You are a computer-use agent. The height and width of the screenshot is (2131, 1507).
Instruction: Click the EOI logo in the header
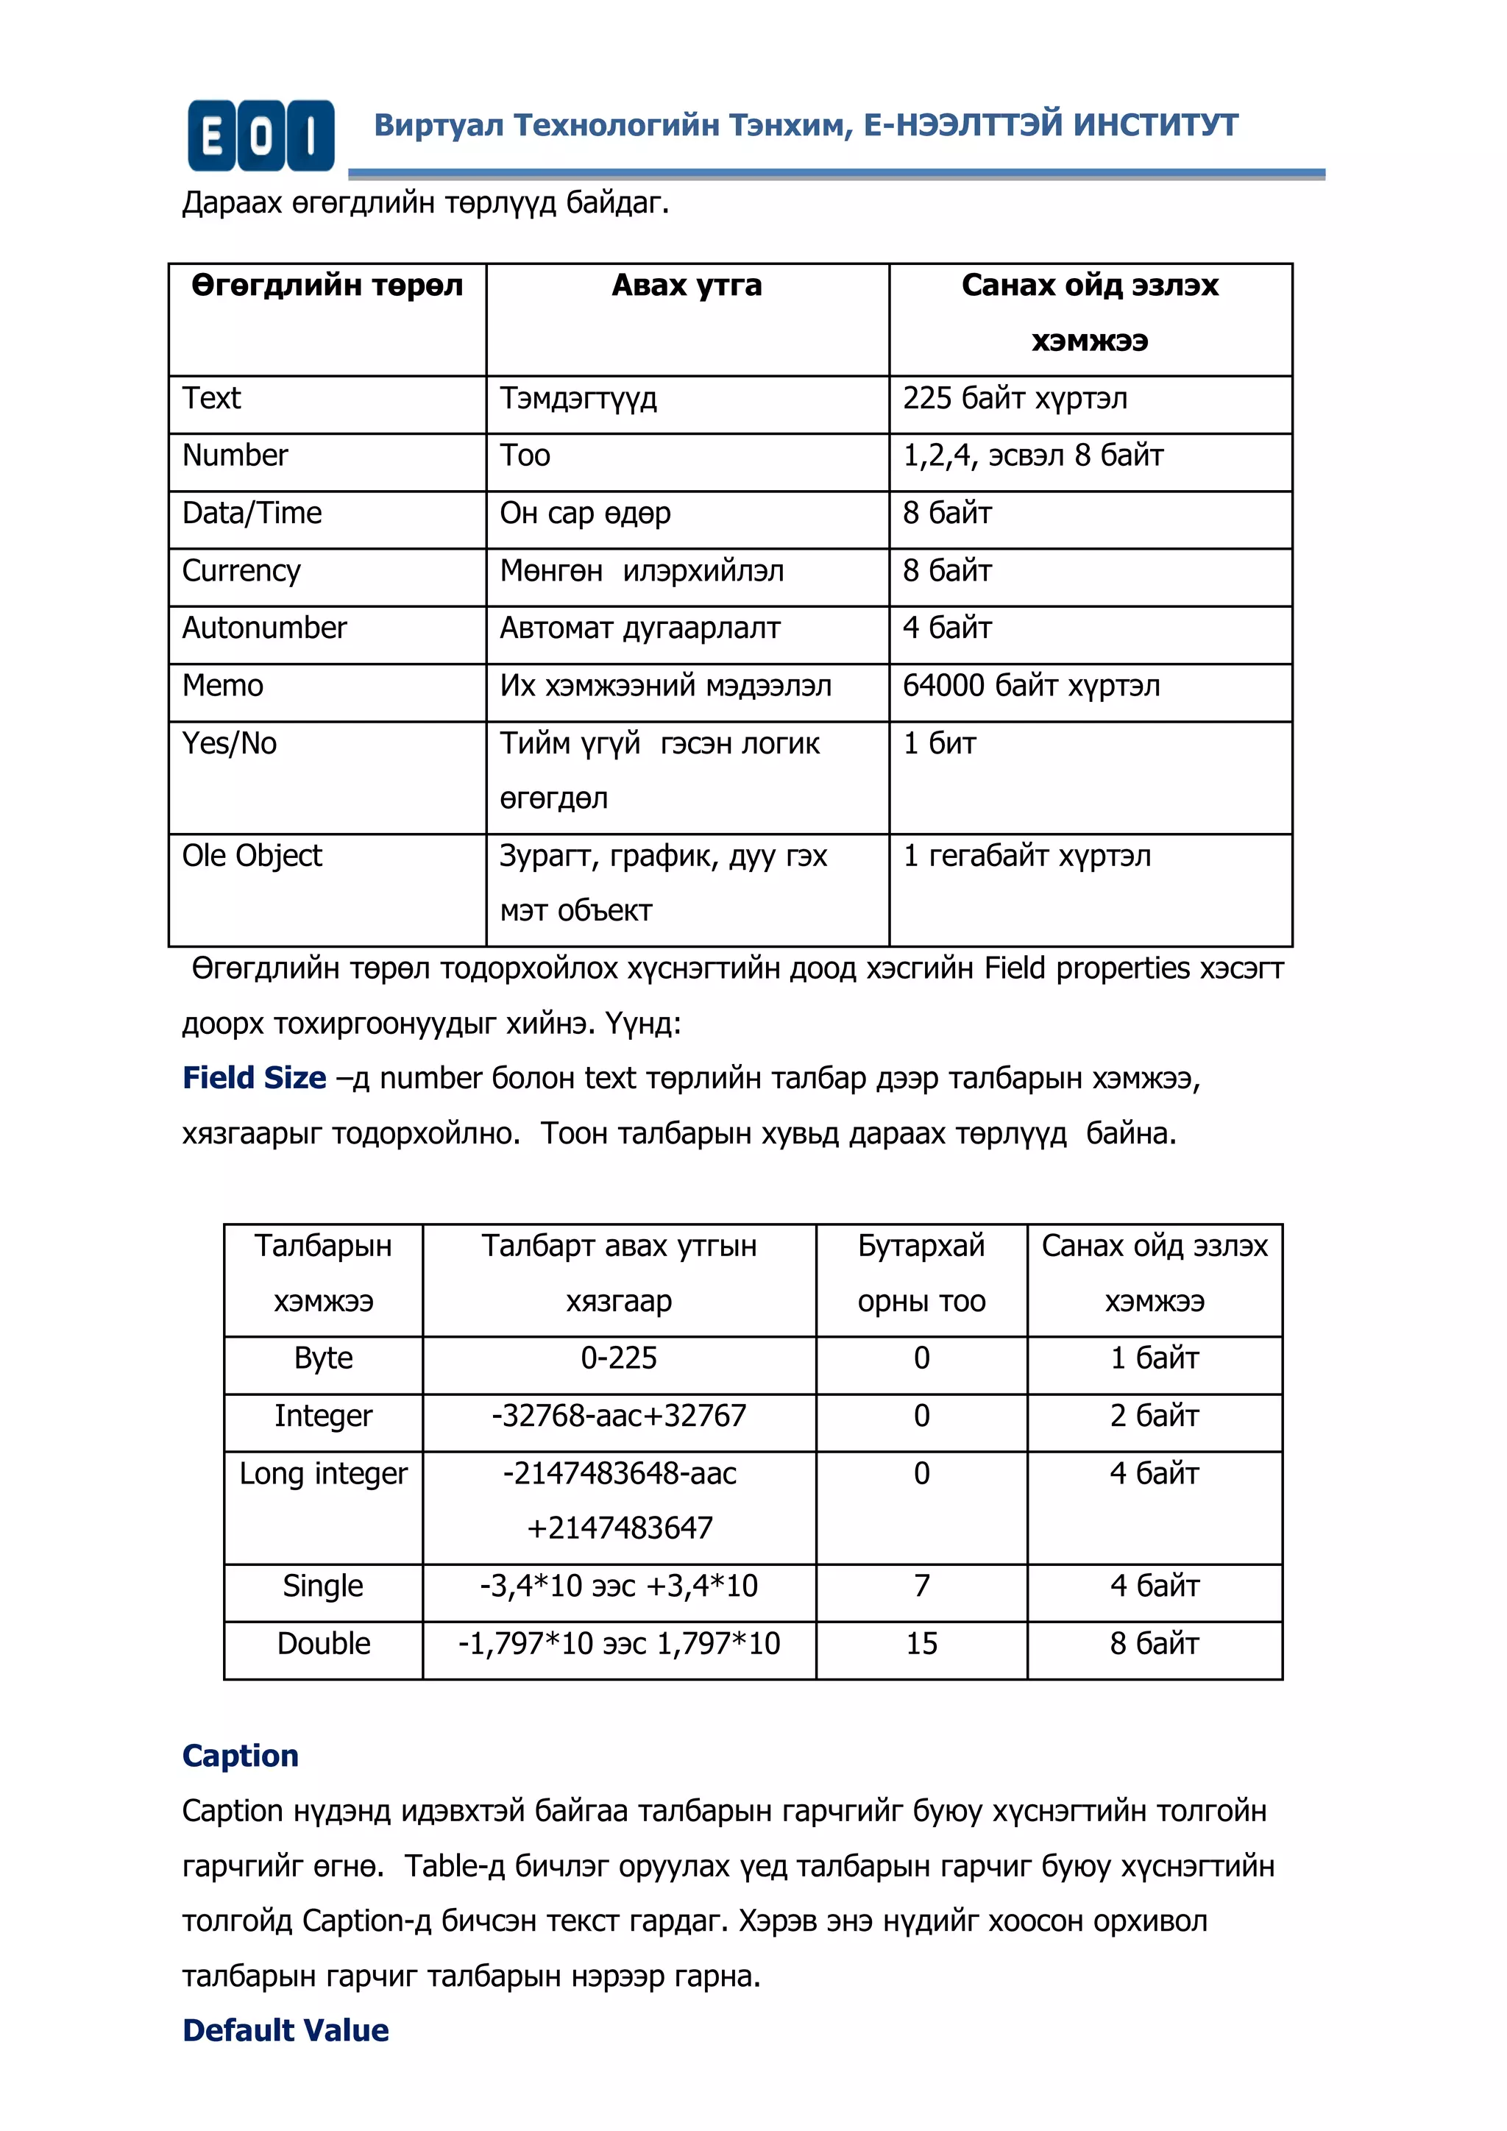[x=260, y=135]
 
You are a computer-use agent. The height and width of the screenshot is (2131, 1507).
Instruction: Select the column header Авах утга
[x=687, y=286]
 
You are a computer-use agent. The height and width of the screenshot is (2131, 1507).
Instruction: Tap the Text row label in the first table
[x=212, y=398]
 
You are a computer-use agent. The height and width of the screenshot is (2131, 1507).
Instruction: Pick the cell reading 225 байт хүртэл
[x=1015, y=398]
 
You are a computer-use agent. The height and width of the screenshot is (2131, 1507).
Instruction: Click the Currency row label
[x=241, y=571]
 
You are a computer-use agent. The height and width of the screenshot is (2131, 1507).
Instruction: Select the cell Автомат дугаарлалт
[x=640, y=628]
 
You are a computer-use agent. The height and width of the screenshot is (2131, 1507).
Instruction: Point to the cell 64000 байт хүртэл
[x=1031, y=686]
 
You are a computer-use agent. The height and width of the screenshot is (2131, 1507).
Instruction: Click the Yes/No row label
[x=229, y=743]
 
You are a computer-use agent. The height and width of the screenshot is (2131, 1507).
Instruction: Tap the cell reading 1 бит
[x=939, y=743]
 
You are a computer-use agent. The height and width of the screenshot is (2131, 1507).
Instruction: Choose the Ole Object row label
[x=252, y=856]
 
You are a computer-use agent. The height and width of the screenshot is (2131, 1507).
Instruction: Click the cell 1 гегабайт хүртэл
[x=1027, y=856]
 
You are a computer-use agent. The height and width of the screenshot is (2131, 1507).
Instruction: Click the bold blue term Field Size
[x=255, y=1077]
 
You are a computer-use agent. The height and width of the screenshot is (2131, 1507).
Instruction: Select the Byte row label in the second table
[x=323, y=1358]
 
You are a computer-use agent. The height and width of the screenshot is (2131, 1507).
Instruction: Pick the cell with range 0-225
[x=619, y=1358]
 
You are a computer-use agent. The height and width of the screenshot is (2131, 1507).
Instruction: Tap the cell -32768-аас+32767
[x=619, y=1416]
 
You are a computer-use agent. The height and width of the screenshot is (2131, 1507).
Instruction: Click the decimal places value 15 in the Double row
[x=921, y=1644]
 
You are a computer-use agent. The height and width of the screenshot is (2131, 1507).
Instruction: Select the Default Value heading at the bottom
[x=286, y=2031]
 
